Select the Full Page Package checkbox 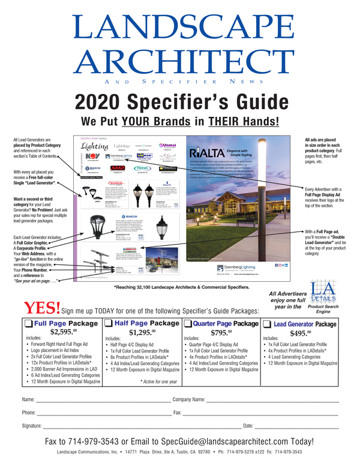click(29, 323)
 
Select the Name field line click(103, 400)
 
